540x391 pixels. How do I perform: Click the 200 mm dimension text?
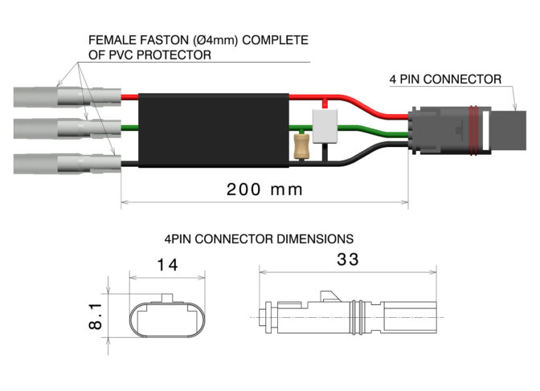tap(264, 189)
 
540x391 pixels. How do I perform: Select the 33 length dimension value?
tap(348, 259)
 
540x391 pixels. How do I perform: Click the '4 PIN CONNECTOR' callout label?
tap(445, 79)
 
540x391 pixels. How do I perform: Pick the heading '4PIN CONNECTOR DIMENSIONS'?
tap(258, 238)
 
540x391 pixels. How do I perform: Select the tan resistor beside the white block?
tap(302, 146)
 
